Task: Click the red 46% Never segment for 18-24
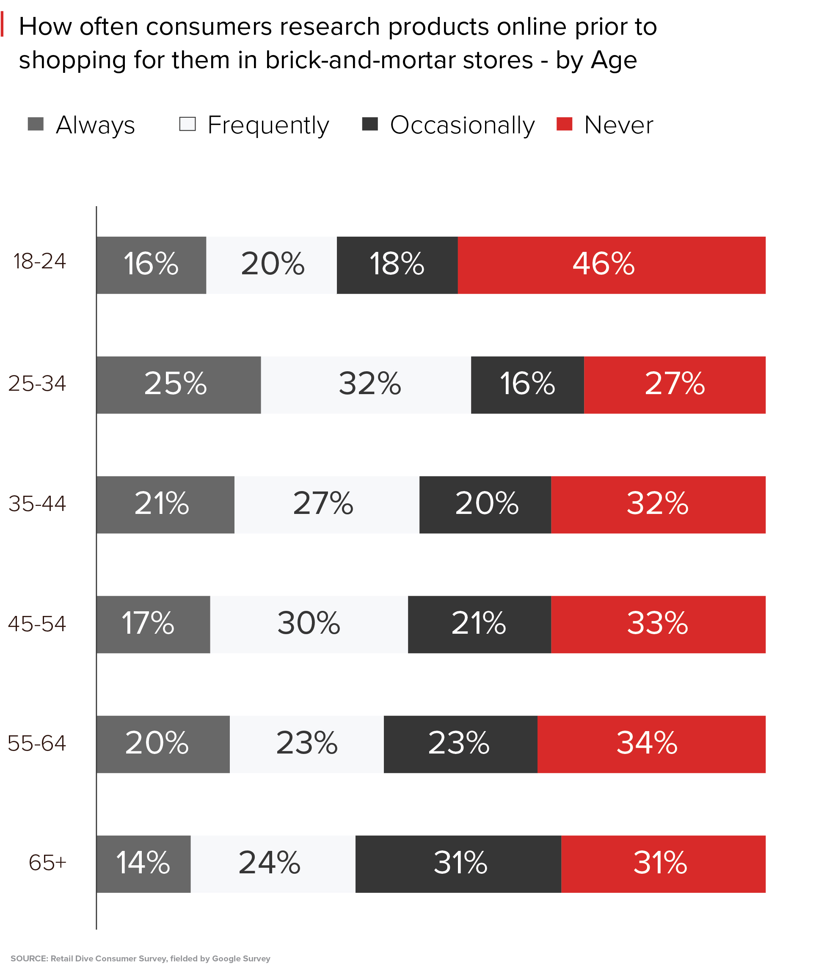pyautogui.click(x=611, y=265)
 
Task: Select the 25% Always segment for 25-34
pyautogui.click(x=179, y=384)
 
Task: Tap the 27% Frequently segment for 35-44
pyautogui.click(x=327, y=505)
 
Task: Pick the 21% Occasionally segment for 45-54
pyautogui.click(x=479, y=624)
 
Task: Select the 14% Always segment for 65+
pyautogui.click(x=143, y=864)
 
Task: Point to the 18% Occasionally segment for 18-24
pyautogui.click(x=397, y=265)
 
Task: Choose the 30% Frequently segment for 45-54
pyautogui.click(x=309, y=624)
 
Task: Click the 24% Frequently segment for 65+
pyautogui.click(x=273, y=864)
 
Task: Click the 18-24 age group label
pyautogui.click(x=40, y=262)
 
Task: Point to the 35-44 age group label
pyautogui.click(x=37, y=503)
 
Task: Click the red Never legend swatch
pyautogui.click(x=564, y=124)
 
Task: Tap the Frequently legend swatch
pyautogui.click(x=187, y=124)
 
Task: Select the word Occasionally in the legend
pyautogui.click(x=462, y=125)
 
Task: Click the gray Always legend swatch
pyautogui.click(x=36, y=124)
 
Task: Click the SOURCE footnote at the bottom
pyautogui.click(x=140, y=958)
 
